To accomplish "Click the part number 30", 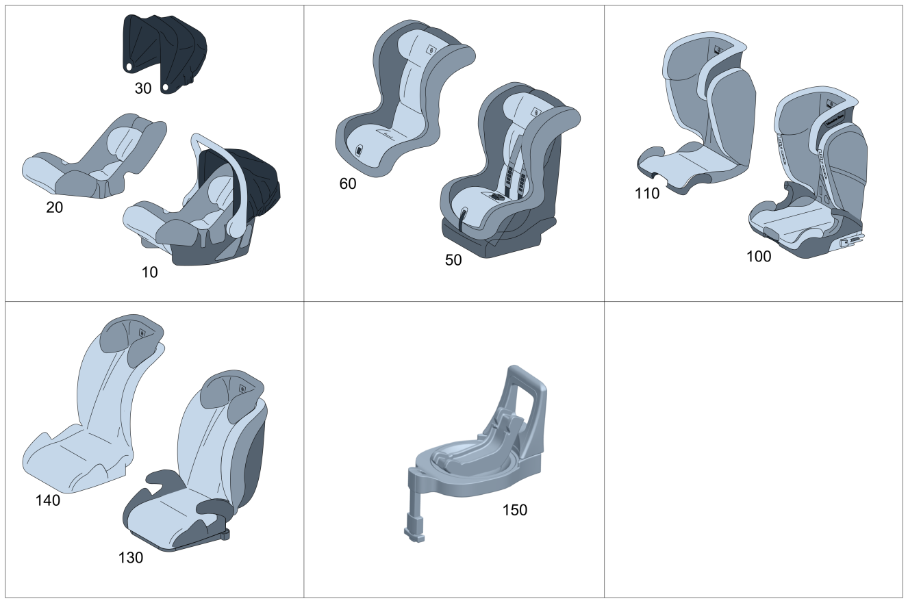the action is pyautogui.click(x=142, y=88).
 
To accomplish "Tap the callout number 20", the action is pyautogui.click(x=54, y=207).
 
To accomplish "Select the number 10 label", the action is pyautogui.click(x=149, y=272).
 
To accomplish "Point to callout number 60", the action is pyautogui.click(x=348, y=183).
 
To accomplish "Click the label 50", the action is pyautogui.click(x=453, y=260).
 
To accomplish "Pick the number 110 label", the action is pyautogui.click(x=647, y=194).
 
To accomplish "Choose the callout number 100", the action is pyautogui.click(x=759, y=257).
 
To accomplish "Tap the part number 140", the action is pyautogui.click(x=48, y=500).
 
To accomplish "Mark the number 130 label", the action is pyautogui.click(x=131, y=558).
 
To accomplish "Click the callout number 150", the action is pyautogui.click(x=515, y=510).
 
